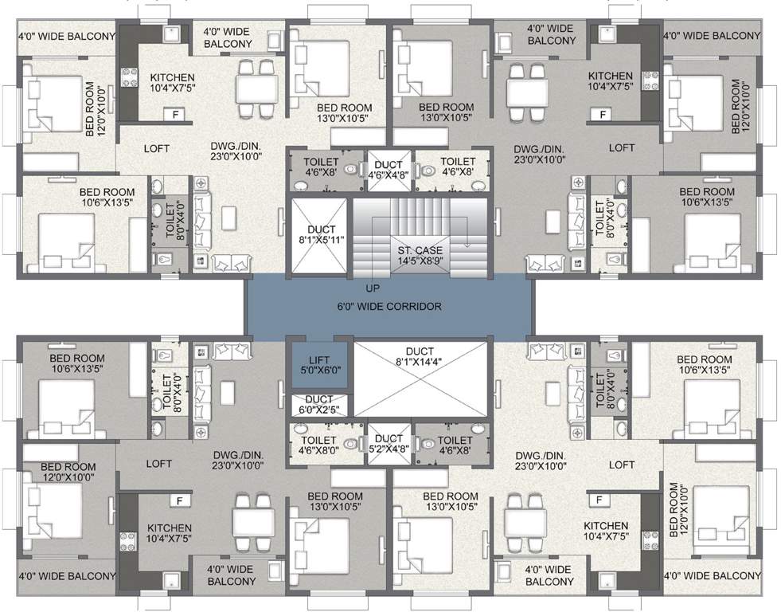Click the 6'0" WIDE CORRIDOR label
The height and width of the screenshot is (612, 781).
(x=389, y=306)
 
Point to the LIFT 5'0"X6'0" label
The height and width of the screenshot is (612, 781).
(x=318, y=364)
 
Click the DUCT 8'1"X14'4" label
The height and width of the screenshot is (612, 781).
(x=419, y=364)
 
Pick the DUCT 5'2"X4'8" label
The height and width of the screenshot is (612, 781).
(x=389, y=444)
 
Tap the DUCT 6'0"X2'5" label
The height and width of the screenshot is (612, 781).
(x=318, y=405)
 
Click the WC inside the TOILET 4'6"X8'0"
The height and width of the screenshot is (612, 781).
(x=350, y=441)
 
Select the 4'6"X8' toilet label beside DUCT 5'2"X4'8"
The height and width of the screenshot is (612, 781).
(x=455, y=445)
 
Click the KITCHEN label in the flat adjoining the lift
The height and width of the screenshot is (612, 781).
(x=169, y=533)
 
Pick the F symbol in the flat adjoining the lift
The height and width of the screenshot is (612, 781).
(x=179, y=500)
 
